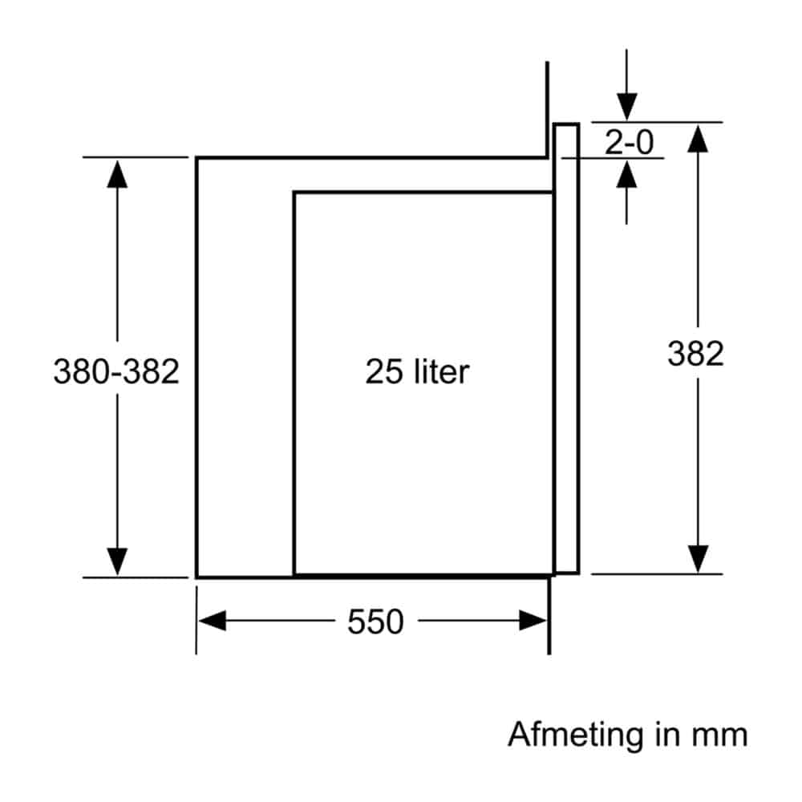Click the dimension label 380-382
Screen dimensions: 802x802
(x=116, y=371)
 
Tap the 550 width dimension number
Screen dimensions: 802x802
(x=375, y=622)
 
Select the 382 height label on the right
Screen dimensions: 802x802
(x=695, y=354)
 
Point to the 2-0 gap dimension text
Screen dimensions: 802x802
(x=629, y=142)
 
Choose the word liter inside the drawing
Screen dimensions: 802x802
(x=442, y=371)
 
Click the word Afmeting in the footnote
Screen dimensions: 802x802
(x=575, y=735)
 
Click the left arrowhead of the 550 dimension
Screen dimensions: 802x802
(x=212, y=621)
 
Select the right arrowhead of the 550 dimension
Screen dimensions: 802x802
(x=533, y=621)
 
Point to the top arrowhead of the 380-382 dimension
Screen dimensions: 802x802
(x=117, y=174)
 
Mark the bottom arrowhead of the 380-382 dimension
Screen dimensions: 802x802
(x=117, y=561)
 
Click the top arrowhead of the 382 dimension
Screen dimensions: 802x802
(x=698, y=138)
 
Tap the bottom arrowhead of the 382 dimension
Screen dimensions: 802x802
(x=698, y=559)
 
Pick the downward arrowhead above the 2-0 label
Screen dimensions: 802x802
(x=626, y=107)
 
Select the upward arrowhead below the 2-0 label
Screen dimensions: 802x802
(x=626, y=174)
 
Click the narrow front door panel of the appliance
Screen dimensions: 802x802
(x=566, y=348)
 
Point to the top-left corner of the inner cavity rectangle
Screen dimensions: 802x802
(x=294, y=192)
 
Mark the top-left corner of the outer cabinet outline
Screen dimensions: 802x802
(x=197, y=158)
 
